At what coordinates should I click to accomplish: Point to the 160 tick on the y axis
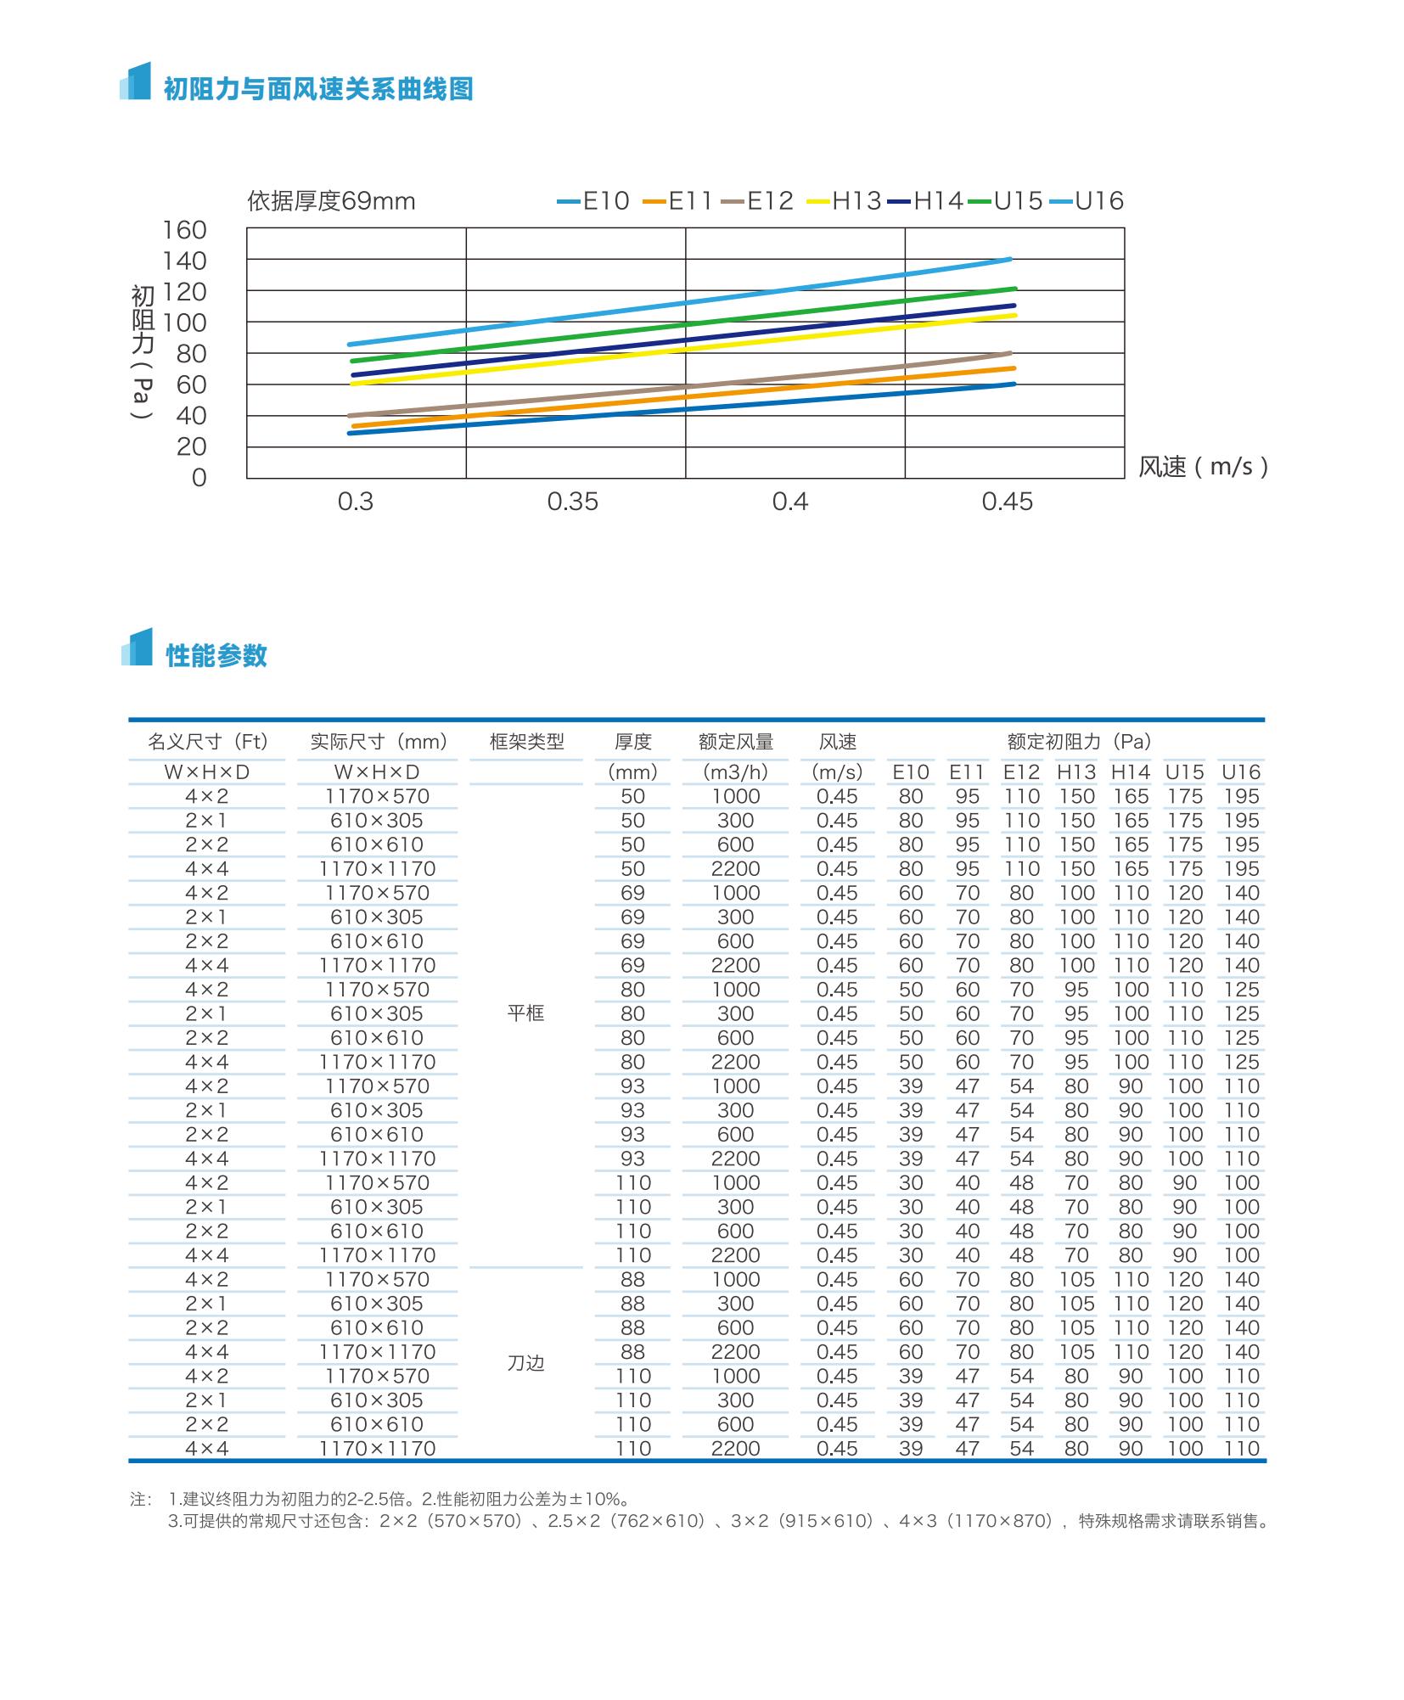(x=185, y=230)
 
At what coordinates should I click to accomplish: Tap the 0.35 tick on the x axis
(x=572, y=502)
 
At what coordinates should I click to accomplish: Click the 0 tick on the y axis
(x=199, y=478)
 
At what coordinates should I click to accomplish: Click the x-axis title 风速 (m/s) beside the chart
(x=1203, y=467)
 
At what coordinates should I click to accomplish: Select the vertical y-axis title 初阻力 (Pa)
(x=143, y=351)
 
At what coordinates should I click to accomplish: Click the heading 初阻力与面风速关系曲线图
(x=317, y=89)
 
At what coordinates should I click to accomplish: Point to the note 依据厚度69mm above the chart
(x=331, y=201)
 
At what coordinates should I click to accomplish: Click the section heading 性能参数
(x=216, y=655)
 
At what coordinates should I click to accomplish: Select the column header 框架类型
(x=526, y=742)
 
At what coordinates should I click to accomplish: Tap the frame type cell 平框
(x=525, y=1013)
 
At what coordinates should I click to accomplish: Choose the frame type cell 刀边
(x=525, y=1363)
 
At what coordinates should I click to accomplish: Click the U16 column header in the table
(x=1240, y=772)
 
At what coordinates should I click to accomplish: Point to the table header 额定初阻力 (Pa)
(x=1079, y=742)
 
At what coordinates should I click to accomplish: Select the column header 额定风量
(x=736, y=742)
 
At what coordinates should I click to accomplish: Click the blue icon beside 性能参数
(x=137, y=648)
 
